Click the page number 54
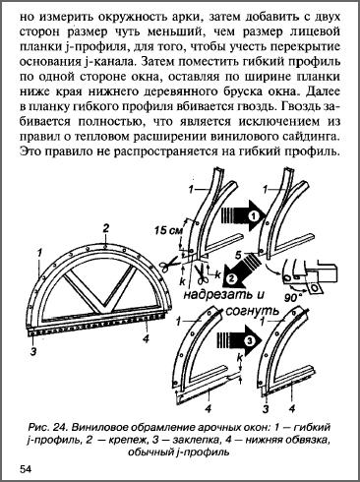coord(26,468)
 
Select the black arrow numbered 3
coord(239,341)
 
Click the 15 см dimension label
coord(168,230)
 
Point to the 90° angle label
coord(292,298)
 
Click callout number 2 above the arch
coord(105,228)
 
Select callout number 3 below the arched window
coord(33,352)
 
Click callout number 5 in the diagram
coord(239,255)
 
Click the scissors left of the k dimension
coord(169,264)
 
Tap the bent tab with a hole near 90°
coord(314,287)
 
